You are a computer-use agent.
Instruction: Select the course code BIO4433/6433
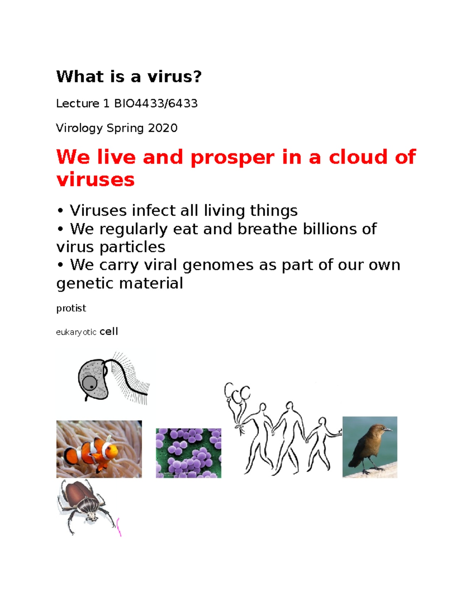click(x=156, y=103)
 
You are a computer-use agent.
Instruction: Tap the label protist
click(x=71, y=308)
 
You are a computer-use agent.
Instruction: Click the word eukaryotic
click(x=76, y=332)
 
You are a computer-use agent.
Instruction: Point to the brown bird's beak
click(x=388, y=429)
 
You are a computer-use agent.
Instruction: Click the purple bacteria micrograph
click(x=188, y=453)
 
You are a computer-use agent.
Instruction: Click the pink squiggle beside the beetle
click(x=119, y=527)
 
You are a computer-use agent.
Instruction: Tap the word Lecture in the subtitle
click(x=78, y=103)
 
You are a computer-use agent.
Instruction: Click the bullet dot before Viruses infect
click(x=60, y=211)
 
